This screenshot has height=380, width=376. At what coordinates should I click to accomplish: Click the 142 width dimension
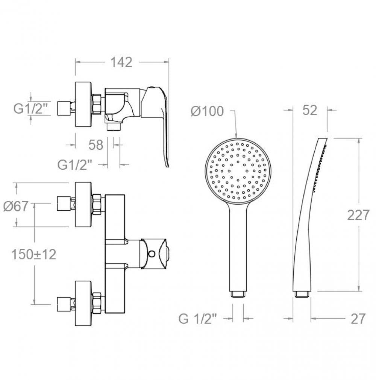121,62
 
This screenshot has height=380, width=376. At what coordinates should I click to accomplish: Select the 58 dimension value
96,145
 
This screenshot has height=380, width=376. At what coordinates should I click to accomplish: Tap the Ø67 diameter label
16,206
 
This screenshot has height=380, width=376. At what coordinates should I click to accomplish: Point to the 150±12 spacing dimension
34,254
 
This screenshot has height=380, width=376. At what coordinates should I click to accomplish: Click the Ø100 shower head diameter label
207,111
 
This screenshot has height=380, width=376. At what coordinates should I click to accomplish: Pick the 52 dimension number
310,110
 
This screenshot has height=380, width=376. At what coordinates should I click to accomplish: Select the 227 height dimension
358,215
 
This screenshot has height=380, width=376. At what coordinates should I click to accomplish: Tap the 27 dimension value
358,319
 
